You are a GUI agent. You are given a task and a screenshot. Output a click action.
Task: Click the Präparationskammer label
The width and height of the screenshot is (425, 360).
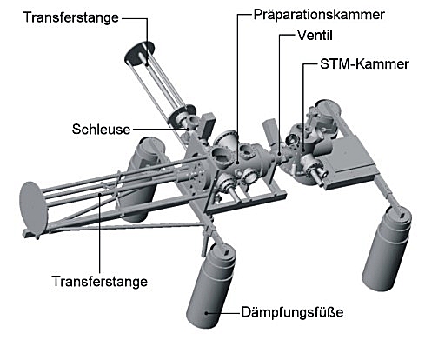pos(319,15)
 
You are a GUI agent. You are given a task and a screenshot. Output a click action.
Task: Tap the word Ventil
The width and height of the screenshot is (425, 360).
pos(315,36)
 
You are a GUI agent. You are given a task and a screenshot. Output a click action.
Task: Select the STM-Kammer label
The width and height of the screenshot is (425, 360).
pos(364,64)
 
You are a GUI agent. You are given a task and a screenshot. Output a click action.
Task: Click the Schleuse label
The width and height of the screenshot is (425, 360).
pos(101,130)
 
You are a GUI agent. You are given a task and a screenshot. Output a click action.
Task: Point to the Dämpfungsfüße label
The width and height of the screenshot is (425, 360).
pos(292,312)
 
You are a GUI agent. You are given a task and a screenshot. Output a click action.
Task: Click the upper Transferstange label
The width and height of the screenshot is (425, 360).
pos(71,17)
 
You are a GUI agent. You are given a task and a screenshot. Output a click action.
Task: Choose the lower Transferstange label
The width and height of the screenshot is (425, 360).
pos(99,282)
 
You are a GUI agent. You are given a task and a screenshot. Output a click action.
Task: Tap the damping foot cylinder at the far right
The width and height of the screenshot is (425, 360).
pos(387,249)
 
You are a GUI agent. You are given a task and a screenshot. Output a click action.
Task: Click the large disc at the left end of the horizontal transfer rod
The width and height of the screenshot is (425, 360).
pos(32,208)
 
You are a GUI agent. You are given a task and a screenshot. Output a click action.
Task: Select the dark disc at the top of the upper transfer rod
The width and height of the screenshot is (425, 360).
pos(139,54)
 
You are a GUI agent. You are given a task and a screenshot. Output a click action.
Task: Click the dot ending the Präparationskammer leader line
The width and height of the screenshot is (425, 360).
pos(237,163)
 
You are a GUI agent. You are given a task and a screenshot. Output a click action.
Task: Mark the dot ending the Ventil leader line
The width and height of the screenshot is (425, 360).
pos(280,155)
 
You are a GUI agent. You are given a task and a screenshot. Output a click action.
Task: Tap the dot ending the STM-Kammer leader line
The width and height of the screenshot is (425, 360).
pos(303,150)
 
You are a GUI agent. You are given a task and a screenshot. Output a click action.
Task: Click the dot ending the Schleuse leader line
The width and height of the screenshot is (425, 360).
pos(188,129)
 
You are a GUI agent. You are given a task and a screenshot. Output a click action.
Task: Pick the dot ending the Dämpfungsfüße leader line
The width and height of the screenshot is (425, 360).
pos(206,313)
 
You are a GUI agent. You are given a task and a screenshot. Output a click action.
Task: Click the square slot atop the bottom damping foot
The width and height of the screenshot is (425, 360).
pos(226,253)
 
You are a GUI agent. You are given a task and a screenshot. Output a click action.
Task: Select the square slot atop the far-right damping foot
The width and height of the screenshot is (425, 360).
pos(402,215)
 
